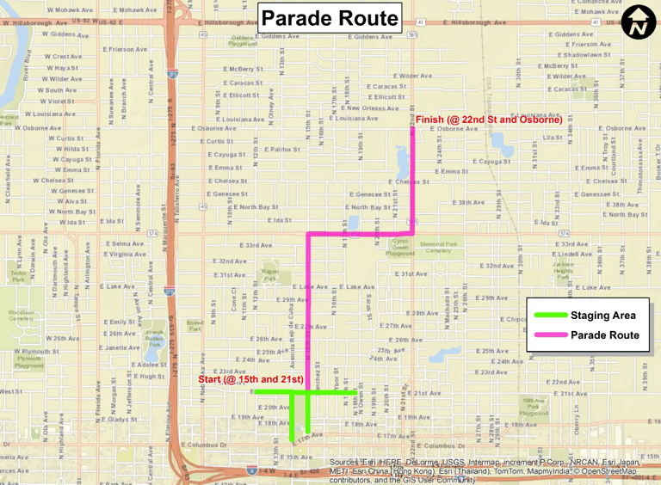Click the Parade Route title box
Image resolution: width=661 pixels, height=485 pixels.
(x=330, y=18)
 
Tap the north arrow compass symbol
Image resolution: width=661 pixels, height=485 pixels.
(x=639, y=22)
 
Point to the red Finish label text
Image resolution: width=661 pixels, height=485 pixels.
(x=489, y=119)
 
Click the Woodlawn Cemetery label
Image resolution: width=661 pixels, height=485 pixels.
(x=21, y=316)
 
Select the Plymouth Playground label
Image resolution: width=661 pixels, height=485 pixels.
(x=28, y=362)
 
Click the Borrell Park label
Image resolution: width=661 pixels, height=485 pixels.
(x=195, y=326)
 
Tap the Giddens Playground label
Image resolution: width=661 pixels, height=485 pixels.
(x=244, y=41)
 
